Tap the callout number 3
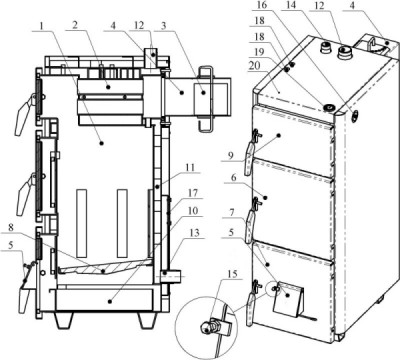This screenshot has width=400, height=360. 163,26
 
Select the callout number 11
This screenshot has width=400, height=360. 189,167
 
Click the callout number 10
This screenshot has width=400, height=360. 193,211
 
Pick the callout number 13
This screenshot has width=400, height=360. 195,233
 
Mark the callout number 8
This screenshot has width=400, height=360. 11,228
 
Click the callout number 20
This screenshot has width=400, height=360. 255,66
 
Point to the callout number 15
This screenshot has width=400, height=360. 232,274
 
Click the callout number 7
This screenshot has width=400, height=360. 232,212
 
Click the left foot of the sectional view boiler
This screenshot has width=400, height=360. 63,320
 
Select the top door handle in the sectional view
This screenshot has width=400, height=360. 24,114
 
